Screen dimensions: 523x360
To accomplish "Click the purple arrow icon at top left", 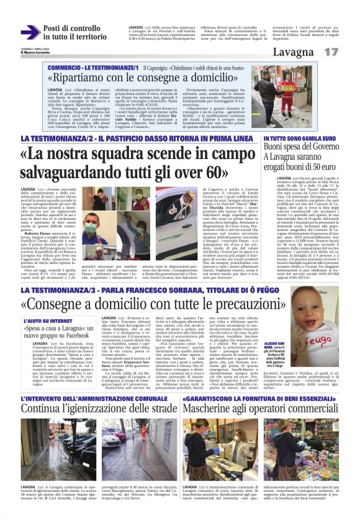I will (x=30, y=32).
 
